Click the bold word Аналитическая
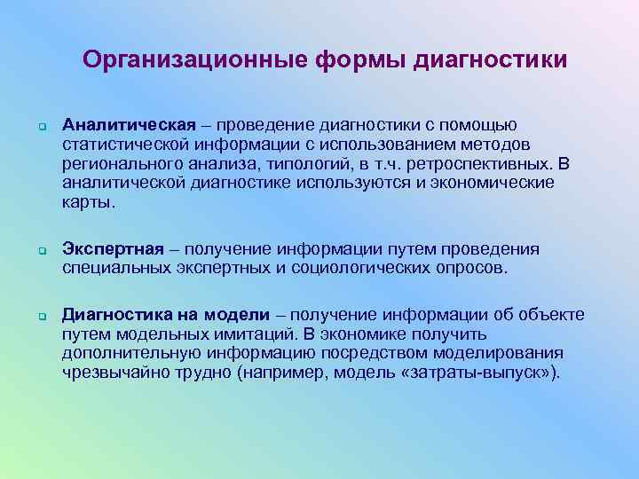coord(120,125)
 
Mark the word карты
coord(88,202)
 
